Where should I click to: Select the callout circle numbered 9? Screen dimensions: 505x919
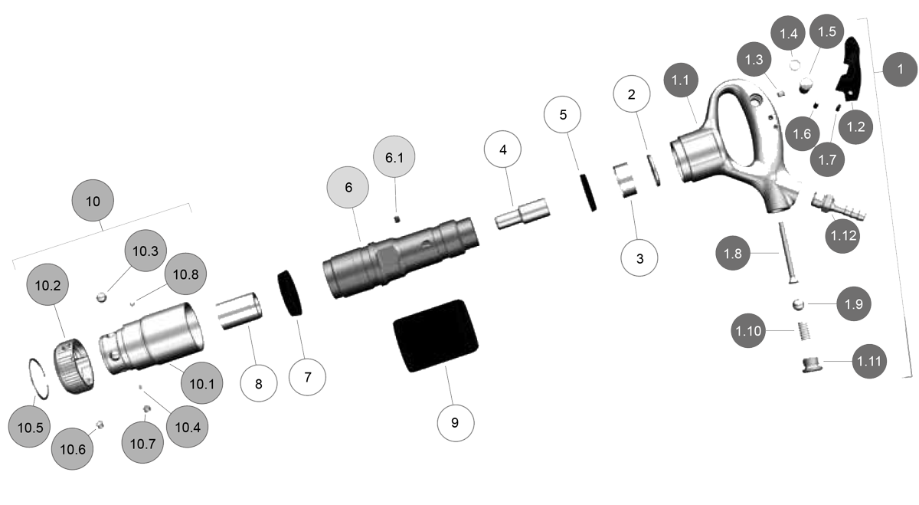pyautogui.click(x=455, y=424)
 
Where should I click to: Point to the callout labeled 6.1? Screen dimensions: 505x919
pyautogui.click(x=394, y=159)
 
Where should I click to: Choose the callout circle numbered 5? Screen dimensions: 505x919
pyautogui.click(x=563, y=116)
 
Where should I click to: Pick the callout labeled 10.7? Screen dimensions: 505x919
pyautogui.click(x=142, y=444)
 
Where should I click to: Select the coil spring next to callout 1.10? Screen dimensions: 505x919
pyautogui.click(x=804, y=333)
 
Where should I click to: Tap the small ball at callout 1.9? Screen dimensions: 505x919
pyautogui.click(x=799, y=304)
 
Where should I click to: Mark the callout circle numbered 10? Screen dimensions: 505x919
pyautogui.click(x=93, y=201)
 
